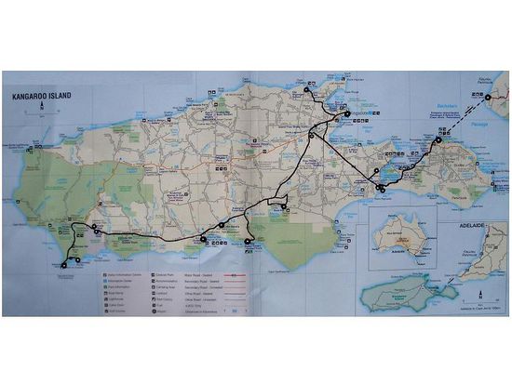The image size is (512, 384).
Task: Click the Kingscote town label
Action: (346, 113)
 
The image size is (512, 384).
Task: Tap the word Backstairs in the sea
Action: (449, 107)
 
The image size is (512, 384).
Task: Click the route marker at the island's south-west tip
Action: (64, 266)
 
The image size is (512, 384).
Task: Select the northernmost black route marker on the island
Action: (315, 91)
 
